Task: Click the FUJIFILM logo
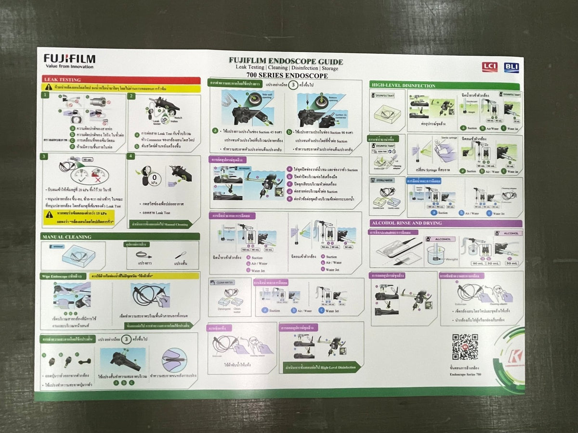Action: coord(69,59)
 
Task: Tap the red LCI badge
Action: coord(489,67)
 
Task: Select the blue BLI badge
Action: coord(511,67)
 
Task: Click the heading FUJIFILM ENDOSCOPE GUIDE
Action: coord(286,62)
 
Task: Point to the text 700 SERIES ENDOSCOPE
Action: coord(287,76)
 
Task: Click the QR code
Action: coord(465,347)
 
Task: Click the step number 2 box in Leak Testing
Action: coord(131,96)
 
